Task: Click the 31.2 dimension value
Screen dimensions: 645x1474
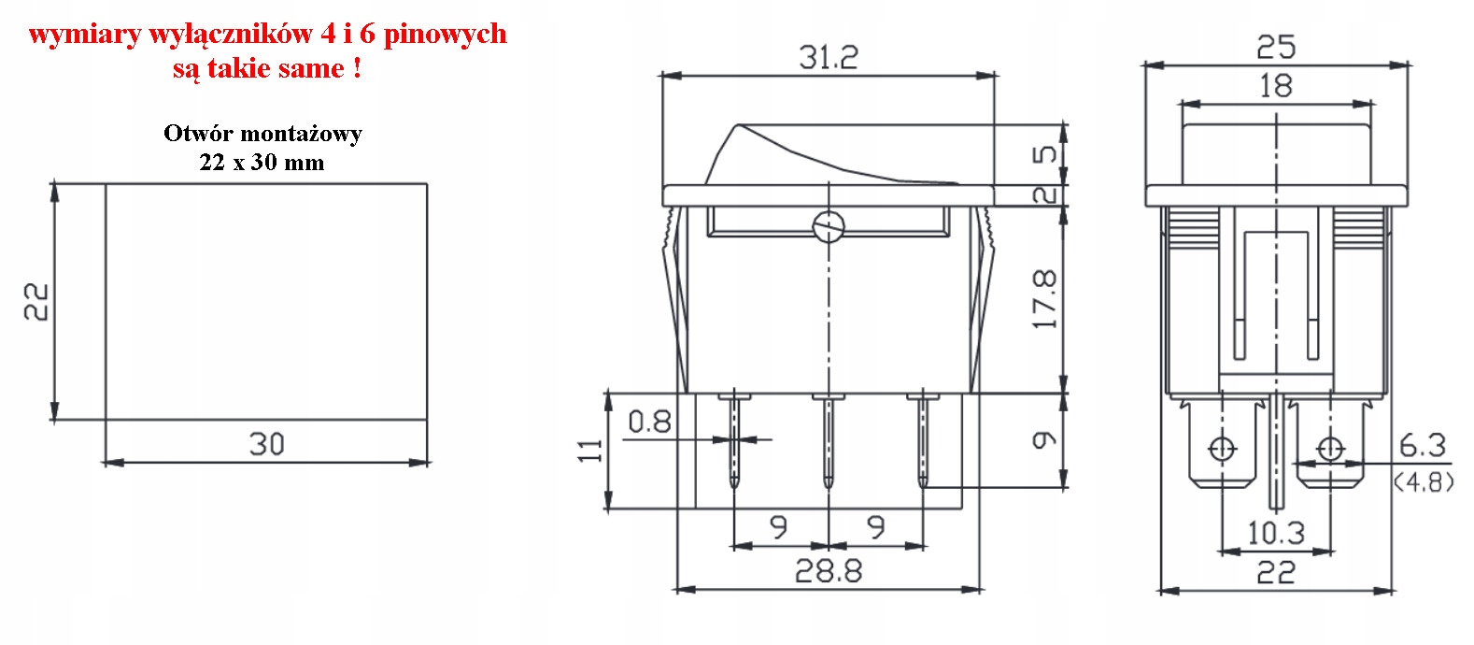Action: click(x=828, y=57)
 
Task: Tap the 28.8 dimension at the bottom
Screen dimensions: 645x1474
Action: click(x=828, y=570)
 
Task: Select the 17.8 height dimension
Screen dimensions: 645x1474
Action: click(x=1044, y=299)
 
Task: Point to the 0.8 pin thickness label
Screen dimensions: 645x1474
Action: click(x=649, y=422)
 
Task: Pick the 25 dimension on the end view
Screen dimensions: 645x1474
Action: click(x=1275, y=46)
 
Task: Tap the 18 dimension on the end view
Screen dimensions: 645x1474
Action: click(x=1275, y=86)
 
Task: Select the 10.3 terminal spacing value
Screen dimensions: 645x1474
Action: click(x=1275, y=533)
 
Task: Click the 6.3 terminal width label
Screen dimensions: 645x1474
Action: click(x=1422, y=445)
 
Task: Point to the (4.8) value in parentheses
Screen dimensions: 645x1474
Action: click(x=1424, y=482)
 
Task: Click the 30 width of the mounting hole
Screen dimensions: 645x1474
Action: click(x=266, y=443)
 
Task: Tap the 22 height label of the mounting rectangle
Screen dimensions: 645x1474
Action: click(x=36, y=301)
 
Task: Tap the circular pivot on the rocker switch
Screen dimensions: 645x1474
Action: click(x=829, y=226)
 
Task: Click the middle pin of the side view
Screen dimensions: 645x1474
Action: click(x=828, y=439)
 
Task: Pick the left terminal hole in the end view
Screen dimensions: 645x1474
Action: click(x=1221, y=450)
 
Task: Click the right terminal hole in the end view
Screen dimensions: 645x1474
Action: click(x=1330, y=450)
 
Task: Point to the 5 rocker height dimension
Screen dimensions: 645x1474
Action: click(x=1045, y=153)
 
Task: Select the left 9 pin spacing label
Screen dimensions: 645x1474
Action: click(x=778, y=526)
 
